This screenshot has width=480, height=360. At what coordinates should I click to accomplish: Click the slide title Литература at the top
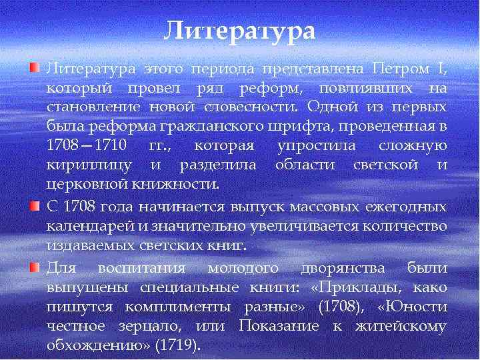[239, 31]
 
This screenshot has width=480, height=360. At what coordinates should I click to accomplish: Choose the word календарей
[90, 226]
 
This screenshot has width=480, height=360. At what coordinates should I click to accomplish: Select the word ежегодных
[406, 207]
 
